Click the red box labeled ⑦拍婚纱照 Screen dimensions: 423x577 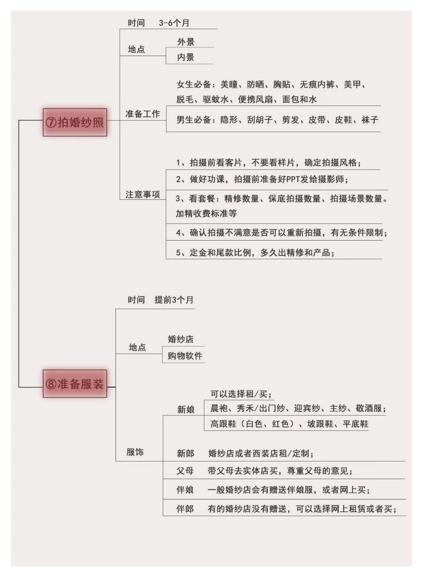(75, 122)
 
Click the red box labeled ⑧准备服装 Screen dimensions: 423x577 (75, 383)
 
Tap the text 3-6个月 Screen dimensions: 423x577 (174, 23)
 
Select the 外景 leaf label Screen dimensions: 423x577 (186, 42)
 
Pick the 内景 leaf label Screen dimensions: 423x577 (186, 57)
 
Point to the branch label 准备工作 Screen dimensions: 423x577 (143, 114)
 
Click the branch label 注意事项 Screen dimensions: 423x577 (143, 194)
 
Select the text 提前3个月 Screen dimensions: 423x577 (174, 300)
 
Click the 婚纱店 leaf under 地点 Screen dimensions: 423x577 (181, 339)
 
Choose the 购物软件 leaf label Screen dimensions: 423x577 (185, 356)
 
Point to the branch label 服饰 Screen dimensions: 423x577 (135, 452)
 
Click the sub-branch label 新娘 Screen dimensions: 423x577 (186, 410)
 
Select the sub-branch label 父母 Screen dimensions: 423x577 (185, 471)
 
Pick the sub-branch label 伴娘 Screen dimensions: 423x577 (185, 490)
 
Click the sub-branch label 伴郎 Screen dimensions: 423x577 (185, 509)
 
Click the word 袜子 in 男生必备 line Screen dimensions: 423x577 (370, 120)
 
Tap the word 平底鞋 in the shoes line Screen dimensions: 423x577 (356, 424)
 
